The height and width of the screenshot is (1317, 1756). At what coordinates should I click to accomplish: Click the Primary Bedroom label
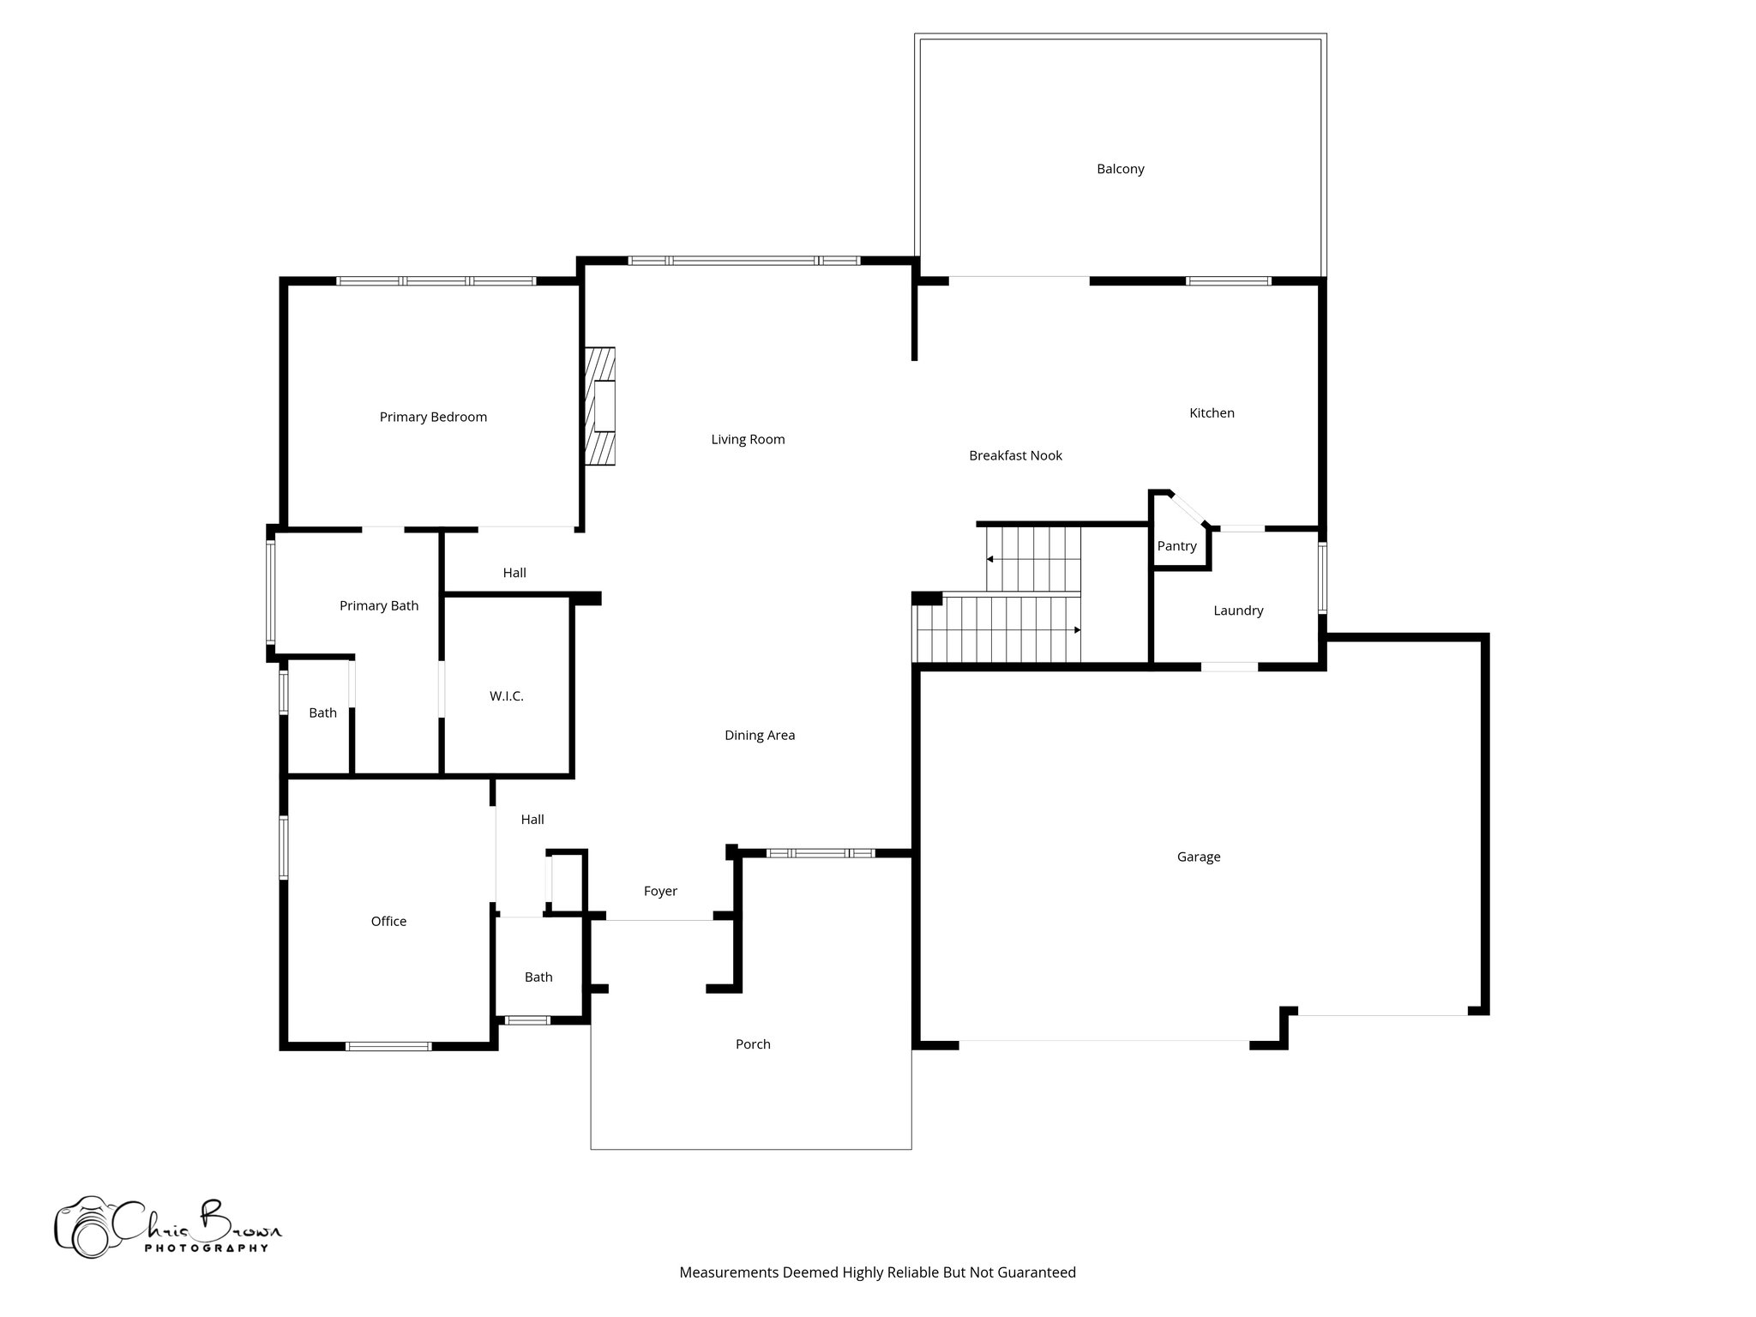click(x=433, y=417)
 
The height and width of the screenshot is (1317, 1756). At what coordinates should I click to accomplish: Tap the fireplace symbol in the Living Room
click(x=601, y=406)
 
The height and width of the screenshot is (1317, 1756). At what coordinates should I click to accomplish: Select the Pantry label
click(x=1176, y=546)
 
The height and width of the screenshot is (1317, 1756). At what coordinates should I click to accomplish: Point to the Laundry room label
click(x=1238, y=610)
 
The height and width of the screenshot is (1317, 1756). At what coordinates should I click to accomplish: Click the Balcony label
click(x=1120, y=169)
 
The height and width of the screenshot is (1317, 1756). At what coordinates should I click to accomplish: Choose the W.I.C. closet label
click(x=506, y=696)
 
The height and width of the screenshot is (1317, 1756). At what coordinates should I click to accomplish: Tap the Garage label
click(x=1198, y=857)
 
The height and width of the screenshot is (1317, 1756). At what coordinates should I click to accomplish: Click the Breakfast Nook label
click(x=1015, y=455)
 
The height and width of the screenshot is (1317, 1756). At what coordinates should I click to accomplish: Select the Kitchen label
click(x=1212, y=413)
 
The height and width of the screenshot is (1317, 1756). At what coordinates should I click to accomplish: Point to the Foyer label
click(x=660, y=892)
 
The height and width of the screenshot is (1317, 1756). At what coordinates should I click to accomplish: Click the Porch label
click(x=753, y=1044)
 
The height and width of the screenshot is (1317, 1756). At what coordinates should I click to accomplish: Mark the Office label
click(x=388, y=921)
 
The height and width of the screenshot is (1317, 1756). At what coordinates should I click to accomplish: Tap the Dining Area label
click(x=760, y=735)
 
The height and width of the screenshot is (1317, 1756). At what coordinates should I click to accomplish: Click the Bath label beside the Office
click(x=538, y=977)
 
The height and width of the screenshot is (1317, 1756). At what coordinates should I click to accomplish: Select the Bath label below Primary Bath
click(x=322, y=713)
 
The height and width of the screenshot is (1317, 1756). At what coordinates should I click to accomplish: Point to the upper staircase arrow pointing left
click(x=990, y=559)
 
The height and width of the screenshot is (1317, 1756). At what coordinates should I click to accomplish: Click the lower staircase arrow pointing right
click(x=1076, y=630)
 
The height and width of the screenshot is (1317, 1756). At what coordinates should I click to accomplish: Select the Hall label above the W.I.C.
click(x=514, y=573)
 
